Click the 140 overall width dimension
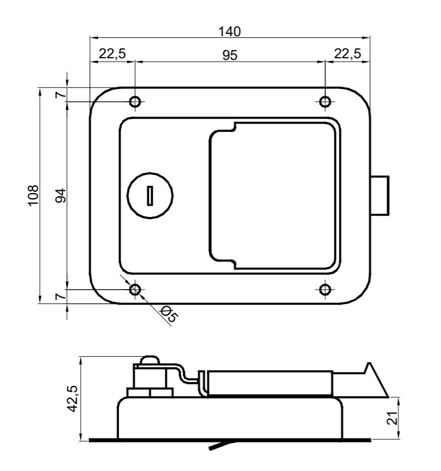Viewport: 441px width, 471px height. (229, 31)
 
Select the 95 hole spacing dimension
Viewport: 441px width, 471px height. (230, 56)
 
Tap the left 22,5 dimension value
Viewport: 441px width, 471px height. (112, 54)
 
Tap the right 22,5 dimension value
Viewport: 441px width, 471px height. (347, 54)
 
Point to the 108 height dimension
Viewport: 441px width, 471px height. (34, 196)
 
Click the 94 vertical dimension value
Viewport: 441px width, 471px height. (60, 196)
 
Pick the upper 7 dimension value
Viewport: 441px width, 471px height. (60, 95)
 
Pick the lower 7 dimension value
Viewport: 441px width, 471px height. (60, 296)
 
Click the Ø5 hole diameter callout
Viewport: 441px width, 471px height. (169, 314)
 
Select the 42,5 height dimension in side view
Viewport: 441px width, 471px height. (73, 398)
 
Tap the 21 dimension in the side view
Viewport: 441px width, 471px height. (393, 418)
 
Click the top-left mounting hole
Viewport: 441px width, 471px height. (135, 102)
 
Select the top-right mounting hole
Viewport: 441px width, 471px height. (325, 102)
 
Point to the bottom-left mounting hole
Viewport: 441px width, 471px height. (135, 290)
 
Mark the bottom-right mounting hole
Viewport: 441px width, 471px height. (325, 290)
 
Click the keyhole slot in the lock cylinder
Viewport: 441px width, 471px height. (150, 196)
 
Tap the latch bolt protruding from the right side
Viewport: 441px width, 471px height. (379, 196)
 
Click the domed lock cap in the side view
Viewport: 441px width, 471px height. (150, 360)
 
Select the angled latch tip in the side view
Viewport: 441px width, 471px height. (376, 380)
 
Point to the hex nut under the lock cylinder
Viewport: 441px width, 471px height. (150, 393)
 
